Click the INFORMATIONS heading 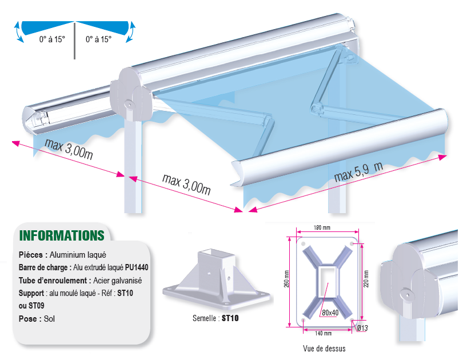(x=62, y=235)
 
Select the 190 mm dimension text (x=322, y=227)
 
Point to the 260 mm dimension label (x=286, y=279)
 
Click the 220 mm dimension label (x=366, y=279)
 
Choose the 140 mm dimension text (x=324, y=333)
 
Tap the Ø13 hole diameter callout (x=362, y=328)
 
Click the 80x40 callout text (x=330, y=313)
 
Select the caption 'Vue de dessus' (x=324, y=349)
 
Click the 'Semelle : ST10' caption (x=215, y=318)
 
